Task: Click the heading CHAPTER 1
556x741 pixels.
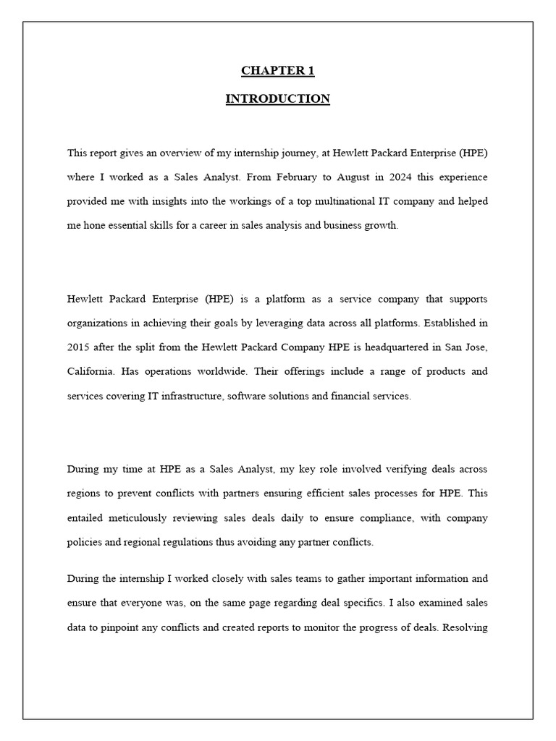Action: point(277,71)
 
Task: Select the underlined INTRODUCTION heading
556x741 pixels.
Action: point(277,99)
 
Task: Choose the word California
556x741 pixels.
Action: point(90,371)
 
